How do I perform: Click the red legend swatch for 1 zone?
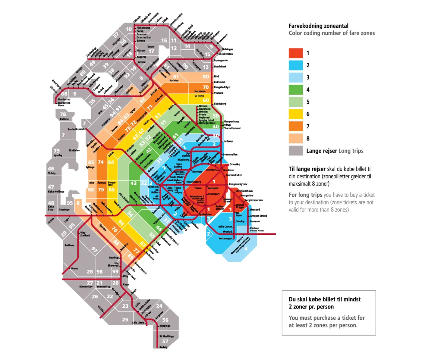295,53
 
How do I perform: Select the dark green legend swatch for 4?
295,90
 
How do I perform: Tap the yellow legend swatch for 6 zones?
295,114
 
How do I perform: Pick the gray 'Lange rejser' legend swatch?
295,151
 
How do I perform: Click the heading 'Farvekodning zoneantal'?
318,26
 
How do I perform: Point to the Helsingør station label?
228,49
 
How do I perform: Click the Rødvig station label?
163,347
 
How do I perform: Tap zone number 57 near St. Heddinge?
165,341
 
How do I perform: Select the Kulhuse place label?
64,119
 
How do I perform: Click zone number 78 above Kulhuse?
63,114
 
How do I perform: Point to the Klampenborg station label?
231,121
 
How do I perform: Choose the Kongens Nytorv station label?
238,184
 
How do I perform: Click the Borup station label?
74,268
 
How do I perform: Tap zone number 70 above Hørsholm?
206,87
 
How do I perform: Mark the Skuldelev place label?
74,150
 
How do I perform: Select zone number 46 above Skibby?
51,169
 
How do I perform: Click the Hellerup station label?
228,141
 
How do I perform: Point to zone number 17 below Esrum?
151,52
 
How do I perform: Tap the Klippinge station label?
165,326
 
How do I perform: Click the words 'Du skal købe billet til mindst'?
324,299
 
